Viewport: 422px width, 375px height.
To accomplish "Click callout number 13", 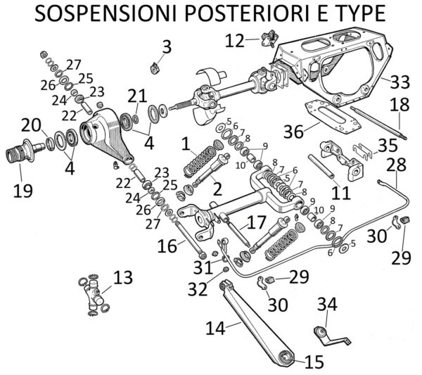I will (122, 278).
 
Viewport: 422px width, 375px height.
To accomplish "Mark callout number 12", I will (235, 40).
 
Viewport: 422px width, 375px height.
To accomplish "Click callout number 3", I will (166, 47).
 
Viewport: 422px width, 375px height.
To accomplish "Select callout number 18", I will (399, 106).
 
